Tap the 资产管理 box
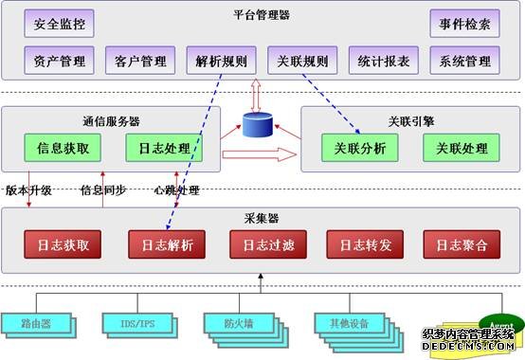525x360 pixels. point(59,62)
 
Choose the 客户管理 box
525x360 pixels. point(140,62)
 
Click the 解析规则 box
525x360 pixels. point(222,62)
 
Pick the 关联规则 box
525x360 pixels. point(303,62)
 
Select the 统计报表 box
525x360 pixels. point(384,62)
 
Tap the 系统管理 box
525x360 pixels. point(465,62)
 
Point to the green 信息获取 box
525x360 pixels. point(63,149)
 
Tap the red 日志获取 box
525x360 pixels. point(63,244)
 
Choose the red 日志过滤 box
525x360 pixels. point(262,244)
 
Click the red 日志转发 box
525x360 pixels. point(360,244)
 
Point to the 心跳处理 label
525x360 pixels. point(177,189)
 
